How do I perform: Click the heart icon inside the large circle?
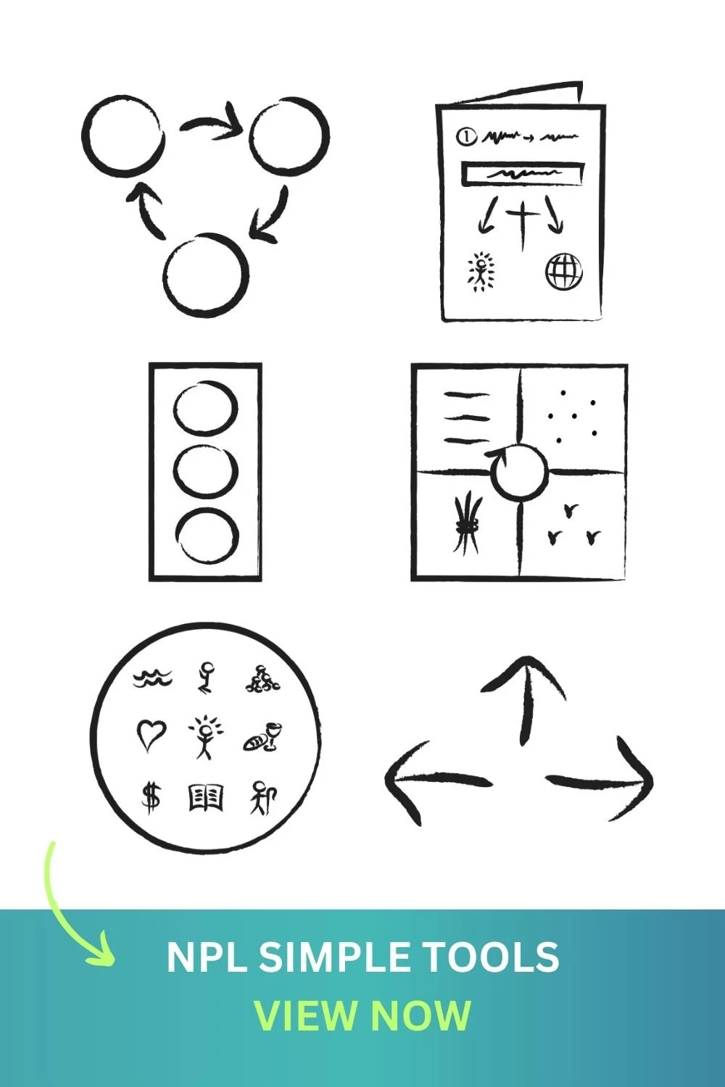pos(151,735)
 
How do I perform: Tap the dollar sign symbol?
pos(151,797)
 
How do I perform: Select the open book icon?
pos(206,797)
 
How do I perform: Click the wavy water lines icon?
pos(153,678)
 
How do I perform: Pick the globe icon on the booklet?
pos(563,272)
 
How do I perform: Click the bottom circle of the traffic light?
pos(206,536)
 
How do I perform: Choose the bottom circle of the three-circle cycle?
pos(205,275)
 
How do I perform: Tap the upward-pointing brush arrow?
pos(523,696)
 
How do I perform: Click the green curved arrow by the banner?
pos(72,906)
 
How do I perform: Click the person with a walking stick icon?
pos(264,797)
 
